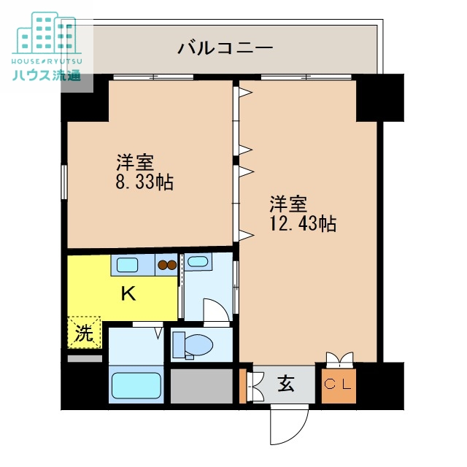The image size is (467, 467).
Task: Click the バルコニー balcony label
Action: [225, 49]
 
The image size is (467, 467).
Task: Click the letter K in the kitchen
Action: [128, 294]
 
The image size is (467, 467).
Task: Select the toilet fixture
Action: [191, 344]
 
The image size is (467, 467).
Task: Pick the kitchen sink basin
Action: [128, 266]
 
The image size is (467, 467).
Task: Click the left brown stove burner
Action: [163, 266]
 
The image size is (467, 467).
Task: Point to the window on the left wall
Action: [64, 182]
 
